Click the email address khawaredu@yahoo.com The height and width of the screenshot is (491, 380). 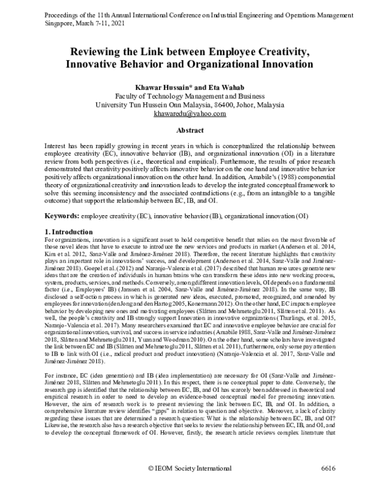[x=189, y=114]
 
